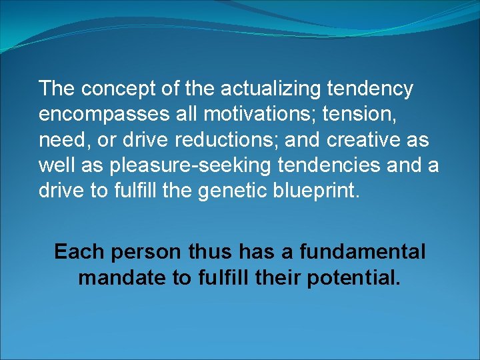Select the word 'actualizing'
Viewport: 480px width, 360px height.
[263, 89]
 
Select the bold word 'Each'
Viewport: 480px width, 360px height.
[80, 252]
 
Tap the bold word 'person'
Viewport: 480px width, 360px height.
[145, 252]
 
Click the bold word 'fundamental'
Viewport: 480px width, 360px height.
[362, 252]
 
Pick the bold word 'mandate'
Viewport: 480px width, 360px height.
[122, 277]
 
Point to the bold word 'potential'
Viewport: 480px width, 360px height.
[354, 277]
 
